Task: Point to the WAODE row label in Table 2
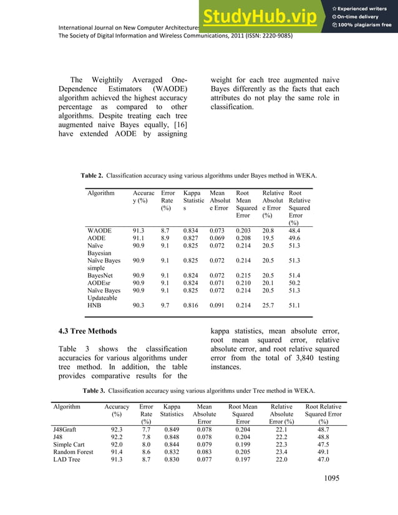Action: point(99,230)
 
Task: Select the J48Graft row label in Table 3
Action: point(70,430)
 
